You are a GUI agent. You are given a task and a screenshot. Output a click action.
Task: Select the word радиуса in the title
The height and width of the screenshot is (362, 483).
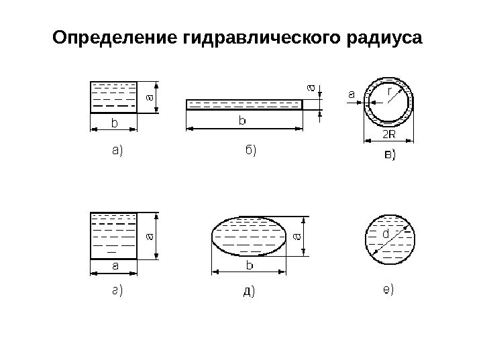click(x=386, y=38)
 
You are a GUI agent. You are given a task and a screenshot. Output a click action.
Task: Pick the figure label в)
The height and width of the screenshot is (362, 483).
click(x=385, y=155)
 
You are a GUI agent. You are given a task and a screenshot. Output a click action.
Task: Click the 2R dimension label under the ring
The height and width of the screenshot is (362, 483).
click(x=389, y=134)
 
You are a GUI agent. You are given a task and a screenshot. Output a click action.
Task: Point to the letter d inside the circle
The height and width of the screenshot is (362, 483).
click(x=386, y=235)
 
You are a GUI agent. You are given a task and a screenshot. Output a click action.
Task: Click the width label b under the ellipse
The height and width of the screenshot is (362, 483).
click(x=250, y=266)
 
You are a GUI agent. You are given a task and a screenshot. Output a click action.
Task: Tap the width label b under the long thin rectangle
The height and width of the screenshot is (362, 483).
click(x=242, y=121)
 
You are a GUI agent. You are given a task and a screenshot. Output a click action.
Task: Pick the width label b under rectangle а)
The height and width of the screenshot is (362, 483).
click(x=113, y=123)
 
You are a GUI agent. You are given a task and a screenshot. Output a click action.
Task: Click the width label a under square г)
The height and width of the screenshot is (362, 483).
click(x=114, y=266)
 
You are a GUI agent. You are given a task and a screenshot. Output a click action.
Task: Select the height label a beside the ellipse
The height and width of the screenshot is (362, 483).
click(x=298, y=237)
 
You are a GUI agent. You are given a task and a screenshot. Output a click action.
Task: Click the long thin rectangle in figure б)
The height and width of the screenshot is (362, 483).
click(x=244, y=105)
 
